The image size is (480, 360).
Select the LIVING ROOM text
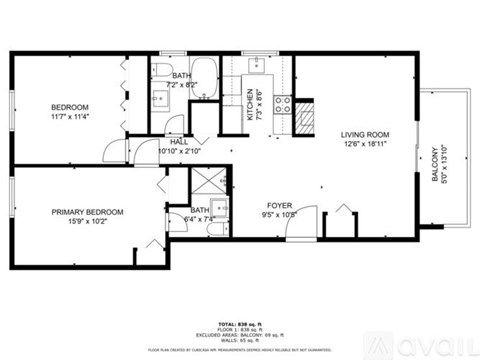[363, 134]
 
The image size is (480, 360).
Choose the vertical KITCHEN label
[250, 105]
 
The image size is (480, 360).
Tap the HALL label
[178, 142]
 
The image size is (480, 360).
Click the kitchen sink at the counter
[254, 67]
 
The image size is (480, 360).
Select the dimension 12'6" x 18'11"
[363, 144]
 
